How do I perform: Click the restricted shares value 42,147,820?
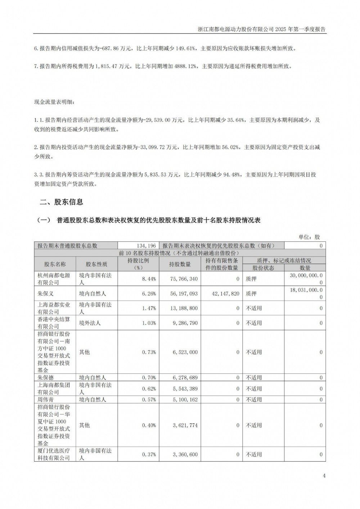point(224,294)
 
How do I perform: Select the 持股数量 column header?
point(180,264)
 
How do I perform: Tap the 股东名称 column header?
point(55,264)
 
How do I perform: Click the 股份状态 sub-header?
point(263,268)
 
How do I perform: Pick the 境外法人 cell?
point(90,323)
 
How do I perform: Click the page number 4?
point(324,476)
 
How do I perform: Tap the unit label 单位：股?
point(309,237)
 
